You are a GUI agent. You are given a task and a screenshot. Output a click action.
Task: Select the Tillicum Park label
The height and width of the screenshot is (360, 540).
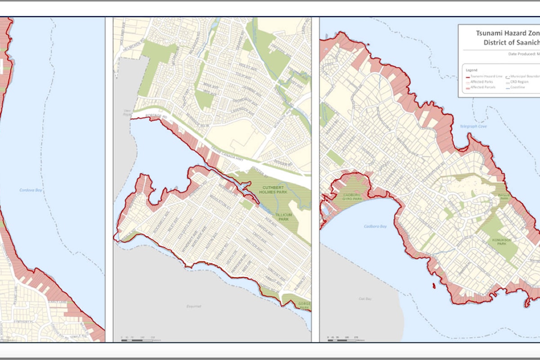pyautogui.click(x=284, y=217)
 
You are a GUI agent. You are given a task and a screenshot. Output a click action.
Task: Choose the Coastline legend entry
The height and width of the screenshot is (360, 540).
pyautogui.click(x=526, y=87)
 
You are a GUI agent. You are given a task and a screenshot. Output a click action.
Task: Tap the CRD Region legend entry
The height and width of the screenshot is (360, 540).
pyautogui.click(x=527, y=82)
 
